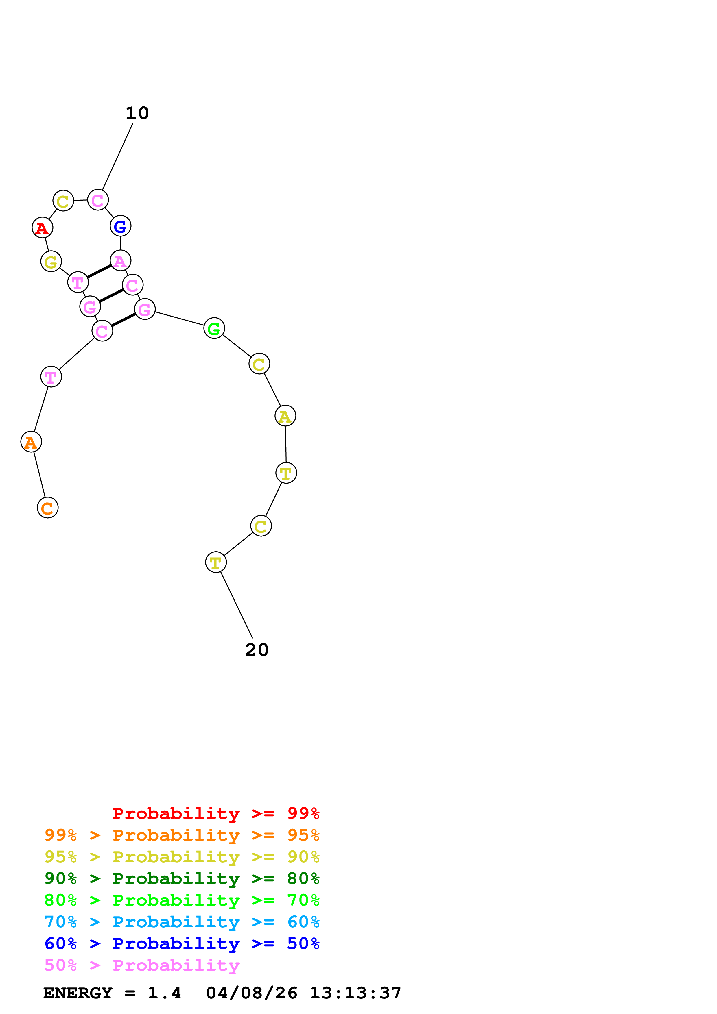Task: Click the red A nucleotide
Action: pyautogui.click(x=43, y=227)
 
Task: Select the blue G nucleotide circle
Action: pyautogui.click(x=120, y=226)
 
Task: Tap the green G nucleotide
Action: pyautogui.click(x=214, y=328)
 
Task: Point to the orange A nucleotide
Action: pyautogui.click(x=31, y=442)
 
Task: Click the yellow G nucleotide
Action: pyautogui.click(x=51, y=262)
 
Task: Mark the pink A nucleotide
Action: pyautogui.click(x=120, y=260)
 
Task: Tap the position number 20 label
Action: pyautogui.click(x=257, y=650)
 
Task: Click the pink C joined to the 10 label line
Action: pyautogui.click(x=98, y=200)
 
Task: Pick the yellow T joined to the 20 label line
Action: pyautogui.click(x=215, y=562)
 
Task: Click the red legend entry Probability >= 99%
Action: pyautogui.click(x=215, y=813)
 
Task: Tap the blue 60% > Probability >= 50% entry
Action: pyautogui.click(x=182, y=943)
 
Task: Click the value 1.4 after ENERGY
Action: pyautogui.click(x=164, y=993)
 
